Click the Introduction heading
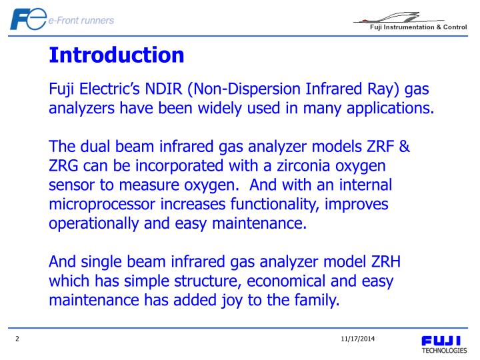click(117, 55)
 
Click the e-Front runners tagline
click(81, 20)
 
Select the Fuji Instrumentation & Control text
click(419, 27)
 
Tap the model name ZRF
click(385, 146)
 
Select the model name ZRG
click(65, 165)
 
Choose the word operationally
click(94, 223)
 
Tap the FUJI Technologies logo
click(443, 345)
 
